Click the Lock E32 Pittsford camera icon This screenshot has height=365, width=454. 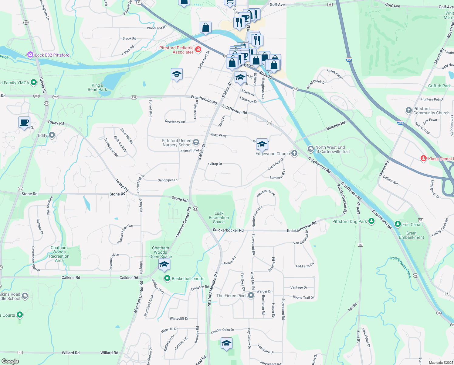30,55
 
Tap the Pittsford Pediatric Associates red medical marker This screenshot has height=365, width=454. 198,50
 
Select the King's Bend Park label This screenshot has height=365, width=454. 97,87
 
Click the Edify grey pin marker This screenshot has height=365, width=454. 52,135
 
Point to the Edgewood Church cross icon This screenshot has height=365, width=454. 294,153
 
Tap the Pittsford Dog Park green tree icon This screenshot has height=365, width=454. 371,221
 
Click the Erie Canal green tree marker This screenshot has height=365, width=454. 398,224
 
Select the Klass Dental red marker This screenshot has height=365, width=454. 424,158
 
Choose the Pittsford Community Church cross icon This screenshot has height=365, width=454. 409,110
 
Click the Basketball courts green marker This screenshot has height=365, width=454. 167,278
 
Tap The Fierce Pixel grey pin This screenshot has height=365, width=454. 251,295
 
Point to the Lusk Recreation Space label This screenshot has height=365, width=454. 219,217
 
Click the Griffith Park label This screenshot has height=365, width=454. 439,86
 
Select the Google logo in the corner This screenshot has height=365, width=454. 10,361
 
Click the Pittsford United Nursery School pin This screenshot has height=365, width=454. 196,142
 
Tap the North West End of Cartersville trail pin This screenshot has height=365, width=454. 310,149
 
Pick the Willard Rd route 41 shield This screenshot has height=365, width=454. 20,353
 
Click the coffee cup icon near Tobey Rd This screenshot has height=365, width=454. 24,123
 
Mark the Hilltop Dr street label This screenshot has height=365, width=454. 215,164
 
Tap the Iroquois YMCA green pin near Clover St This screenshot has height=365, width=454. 34,82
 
